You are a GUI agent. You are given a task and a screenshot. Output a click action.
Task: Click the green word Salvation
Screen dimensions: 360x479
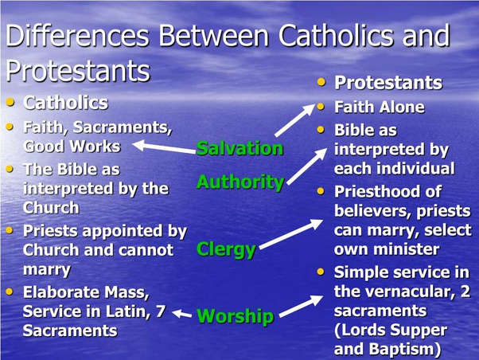(240, 148)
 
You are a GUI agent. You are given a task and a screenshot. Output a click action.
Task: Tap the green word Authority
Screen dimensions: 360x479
(240, 182)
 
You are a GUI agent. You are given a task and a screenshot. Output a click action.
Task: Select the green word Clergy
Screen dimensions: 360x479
(226, 250)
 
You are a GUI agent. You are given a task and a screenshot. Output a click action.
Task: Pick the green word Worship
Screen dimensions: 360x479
(235, 316)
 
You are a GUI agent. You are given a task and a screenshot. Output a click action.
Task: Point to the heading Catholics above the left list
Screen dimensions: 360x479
(66, 103)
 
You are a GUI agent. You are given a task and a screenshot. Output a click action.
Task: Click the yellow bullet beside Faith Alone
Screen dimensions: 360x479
(321, 107)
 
